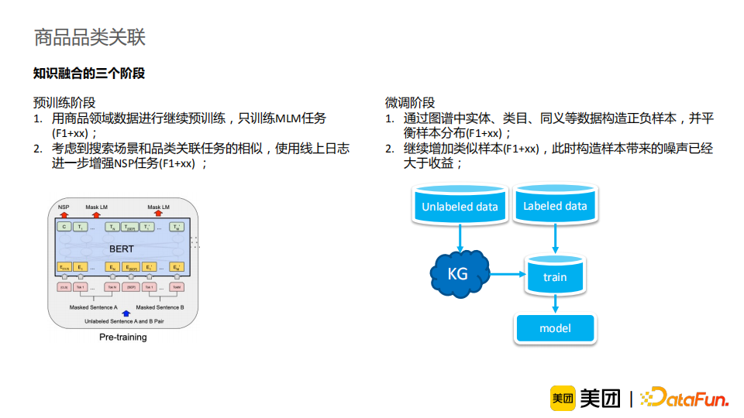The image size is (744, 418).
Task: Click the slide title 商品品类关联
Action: click(90, 36)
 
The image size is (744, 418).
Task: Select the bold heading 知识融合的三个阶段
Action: click(89, 74)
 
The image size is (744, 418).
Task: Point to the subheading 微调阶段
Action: click(410, 102)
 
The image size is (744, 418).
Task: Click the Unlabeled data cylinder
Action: click(460, 206)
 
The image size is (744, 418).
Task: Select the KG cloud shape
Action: click(459, 273)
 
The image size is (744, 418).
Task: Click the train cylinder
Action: click(555, 276)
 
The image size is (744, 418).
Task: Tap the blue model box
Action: click(555, 328)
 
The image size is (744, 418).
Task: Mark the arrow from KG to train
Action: click(508, 273)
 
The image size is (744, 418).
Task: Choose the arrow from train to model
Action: click(555, 305)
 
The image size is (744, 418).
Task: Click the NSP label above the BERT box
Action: click(64, 207)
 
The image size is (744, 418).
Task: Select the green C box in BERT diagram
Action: click(64, 227)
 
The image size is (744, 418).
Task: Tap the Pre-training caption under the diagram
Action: click(122, 337)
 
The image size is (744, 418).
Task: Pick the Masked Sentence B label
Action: click(160, 307)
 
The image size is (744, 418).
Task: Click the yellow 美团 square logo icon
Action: click(562, 398)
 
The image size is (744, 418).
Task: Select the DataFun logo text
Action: click(687, 399)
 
